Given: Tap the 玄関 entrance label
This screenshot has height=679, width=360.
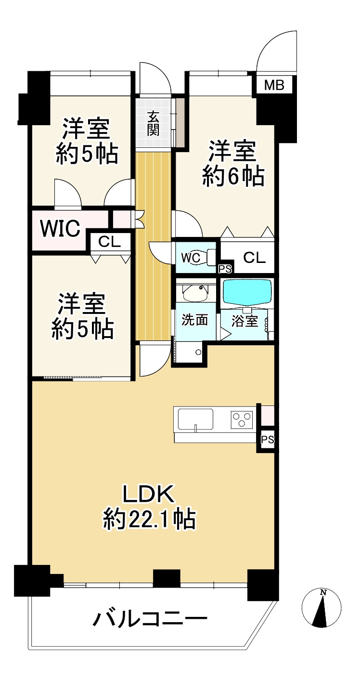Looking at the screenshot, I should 154,123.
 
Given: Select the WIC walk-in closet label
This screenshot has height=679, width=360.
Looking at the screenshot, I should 60,229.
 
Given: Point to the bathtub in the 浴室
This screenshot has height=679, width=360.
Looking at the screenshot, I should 247,291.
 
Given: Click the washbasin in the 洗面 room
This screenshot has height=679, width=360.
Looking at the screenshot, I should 195,291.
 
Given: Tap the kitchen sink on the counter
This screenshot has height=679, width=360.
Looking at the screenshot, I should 195,418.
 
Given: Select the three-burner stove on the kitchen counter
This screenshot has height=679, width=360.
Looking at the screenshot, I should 242,419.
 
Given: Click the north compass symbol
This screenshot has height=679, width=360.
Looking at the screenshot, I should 321,608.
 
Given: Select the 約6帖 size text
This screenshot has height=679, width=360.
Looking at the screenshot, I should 233,177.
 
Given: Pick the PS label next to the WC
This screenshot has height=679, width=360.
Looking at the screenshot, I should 225,268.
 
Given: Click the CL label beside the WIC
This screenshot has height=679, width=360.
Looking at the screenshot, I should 110,242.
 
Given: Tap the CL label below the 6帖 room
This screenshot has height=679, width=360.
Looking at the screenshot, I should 254,258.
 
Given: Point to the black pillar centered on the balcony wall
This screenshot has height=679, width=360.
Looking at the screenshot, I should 167,578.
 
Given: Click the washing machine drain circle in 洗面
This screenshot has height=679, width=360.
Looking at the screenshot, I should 198,352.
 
